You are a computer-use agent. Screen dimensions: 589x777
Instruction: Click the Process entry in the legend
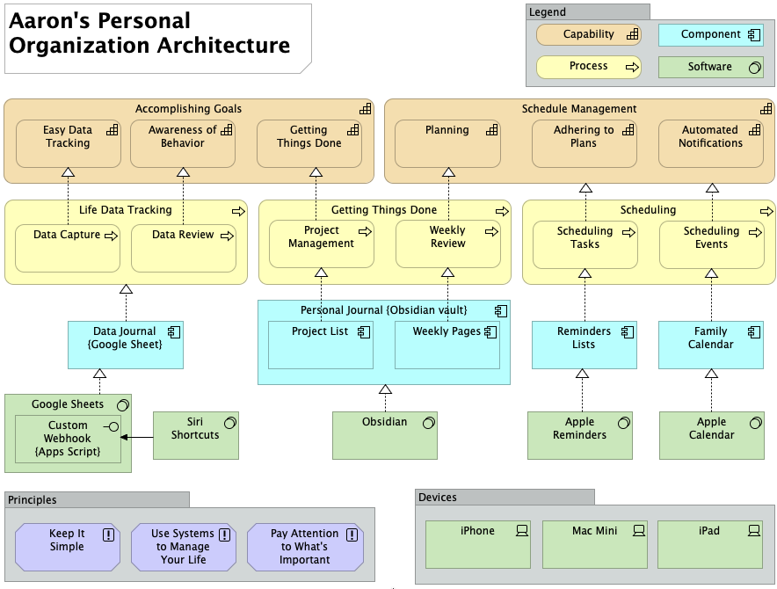click(x=589, y=67)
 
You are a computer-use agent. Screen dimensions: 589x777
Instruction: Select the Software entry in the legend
click(x=710, y=67)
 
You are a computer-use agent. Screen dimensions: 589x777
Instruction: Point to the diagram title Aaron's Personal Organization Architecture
click(x=149, y=33)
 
